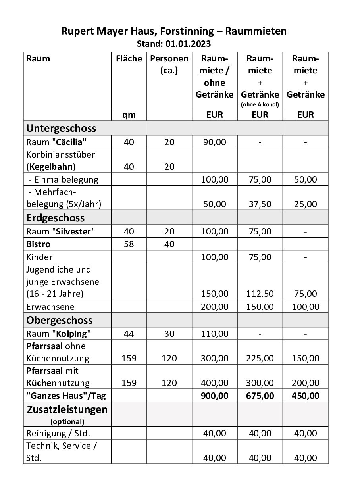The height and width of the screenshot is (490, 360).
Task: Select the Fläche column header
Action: click(129, 59)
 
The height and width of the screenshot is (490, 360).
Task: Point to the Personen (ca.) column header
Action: click(169, 65)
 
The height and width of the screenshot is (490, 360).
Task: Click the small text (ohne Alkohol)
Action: click(260, 105)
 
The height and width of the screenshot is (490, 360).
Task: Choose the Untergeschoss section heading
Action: click(61, 128)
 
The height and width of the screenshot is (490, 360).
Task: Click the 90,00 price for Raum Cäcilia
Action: click(214, 142)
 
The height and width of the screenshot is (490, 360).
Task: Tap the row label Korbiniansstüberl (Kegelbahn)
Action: click(62, 160)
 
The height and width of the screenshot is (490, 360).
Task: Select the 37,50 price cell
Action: click(260, 204)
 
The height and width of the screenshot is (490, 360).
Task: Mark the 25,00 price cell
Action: click(306, 204)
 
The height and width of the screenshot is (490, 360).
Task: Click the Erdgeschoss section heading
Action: click(55, 218)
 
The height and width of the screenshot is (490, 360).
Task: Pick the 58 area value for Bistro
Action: click(129, 244)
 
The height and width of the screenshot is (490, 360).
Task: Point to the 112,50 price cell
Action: click(260, 294)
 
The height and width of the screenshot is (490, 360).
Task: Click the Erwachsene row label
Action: click(50, 307)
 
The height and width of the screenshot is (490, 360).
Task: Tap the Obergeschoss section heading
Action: click(59, 320)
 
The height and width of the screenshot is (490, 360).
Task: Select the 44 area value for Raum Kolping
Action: click(129, 334)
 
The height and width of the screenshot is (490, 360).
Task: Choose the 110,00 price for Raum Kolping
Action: click(214, 334)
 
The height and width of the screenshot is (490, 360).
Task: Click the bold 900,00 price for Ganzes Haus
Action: click(214, 395)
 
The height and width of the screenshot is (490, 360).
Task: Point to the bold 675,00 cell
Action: click(260, 395)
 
